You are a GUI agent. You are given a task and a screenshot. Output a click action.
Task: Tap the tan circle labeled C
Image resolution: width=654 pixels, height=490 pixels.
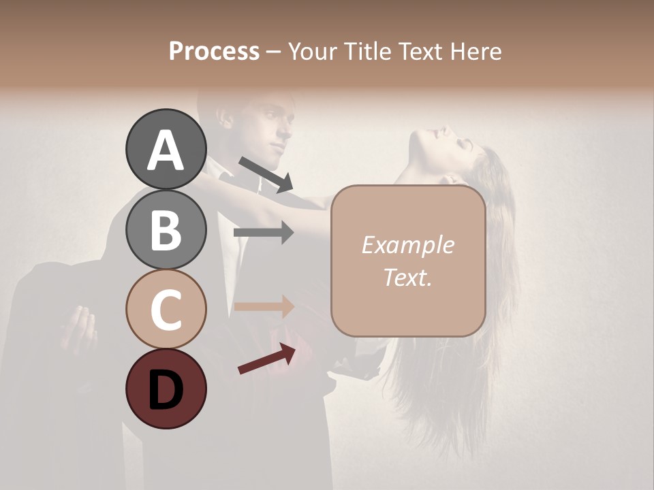[166, 309]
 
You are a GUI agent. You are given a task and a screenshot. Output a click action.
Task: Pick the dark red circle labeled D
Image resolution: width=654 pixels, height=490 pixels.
[166, 389]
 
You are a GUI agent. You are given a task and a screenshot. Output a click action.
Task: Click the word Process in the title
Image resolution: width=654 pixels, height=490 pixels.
[214, 52]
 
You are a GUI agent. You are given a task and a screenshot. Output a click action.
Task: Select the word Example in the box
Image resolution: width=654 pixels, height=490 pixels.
[407, 245]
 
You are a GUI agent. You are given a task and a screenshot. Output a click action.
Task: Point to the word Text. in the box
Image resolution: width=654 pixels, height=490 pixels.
[407, 277]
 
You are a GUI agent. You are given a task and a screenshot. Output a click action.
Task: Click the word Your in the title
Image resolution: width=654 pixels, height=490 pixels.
[311, 52]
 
